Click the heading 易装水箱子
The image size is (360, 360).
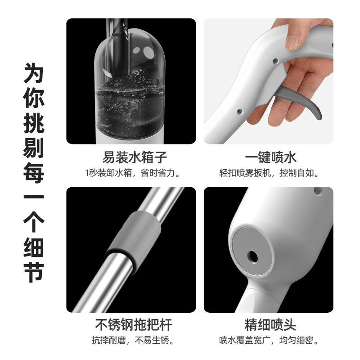134,157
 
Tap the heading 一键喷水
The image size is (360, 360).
271,157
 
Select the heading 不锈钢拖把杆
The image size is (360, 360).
134,324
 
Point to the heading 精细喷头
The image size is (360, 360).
270,324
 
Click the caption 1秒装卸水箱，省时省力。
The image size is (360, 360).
133,173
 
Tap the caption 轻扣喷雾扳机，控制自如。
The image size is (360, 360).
269,173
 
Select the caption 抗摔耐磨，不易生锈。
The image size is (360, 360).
133,340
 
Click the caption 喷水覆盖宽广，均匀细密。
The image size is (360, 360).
269,340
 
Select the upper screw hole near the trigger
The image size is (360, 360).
275,61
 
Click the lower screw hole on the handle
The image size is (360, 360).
240,112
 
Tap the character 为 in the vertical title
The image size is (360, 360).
33,73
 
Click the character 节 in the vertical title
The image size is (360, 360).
33,272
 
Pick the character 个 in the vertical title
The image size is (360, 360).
33,223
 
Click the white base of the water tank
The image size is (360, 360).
130,140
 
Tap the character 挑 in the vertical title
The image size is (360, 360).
33,123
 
